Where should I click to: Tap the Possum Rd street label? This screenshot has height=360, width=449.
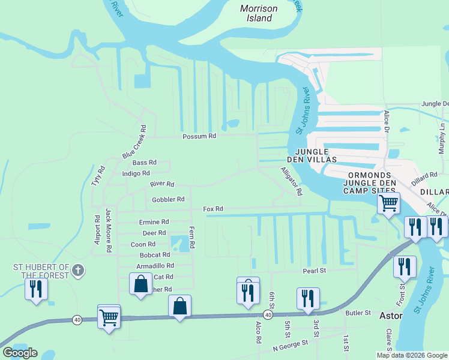[199, 137]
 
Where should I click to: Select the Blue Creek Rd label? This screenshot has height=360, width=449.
[134, 142]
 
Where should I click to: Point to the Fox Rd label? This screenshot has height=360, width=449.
[213, 209]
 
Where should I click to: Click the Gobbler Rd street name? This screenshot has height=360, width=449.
[168, 199]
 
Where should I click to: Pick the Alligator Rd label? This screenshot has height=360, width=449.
[292, 181]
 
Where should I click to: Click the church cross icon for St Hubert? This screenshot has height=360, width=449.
[77, 271]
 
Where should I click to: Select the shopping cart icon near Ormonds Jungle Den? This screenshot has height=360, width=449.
[388, 203]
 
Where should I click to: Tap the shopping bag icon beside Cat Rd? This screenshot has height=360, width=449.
[140, 284]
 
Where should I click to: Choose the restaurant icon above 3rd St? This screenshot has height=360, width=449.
[308, 298]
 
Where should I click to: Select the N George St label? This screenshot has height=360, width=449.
[290, 345]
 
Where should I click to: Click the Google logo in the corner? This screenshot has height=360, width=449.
[20, 353]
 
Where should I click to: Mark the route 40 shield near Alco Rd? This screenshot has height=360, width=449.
[267, 314]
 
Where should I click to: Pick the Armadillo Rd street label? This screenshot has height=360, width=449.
[155, 265]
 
